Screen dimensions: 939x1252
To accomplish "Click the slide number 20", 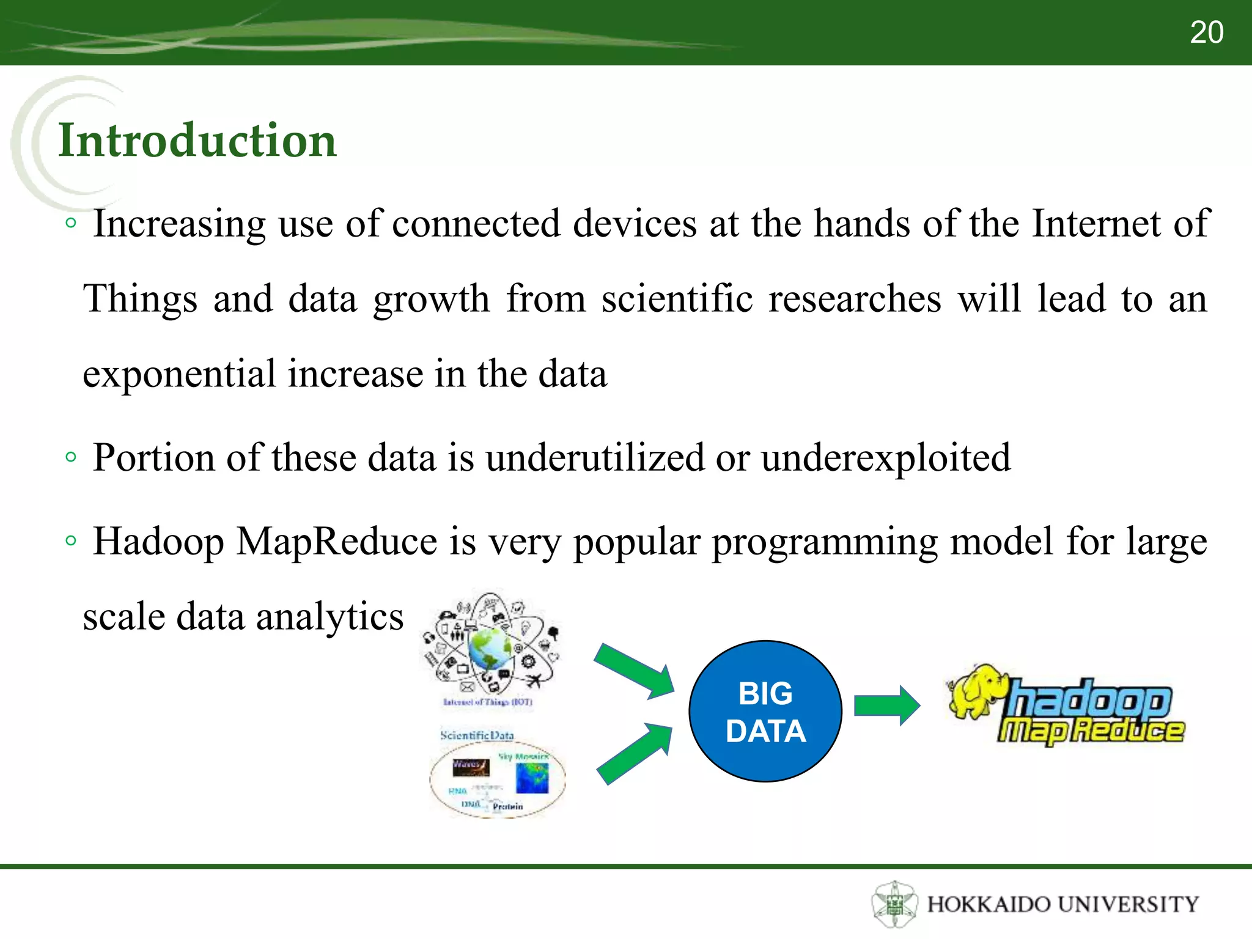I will tap(1206, 32).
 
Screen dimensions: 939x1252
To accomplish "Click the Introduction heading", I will tap(197, 141).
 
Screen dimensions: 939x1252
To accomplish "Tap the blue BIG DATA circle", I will tap(765, 712).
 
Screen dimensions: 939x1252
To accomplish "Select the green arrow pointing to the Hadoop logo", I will tap(886, 705).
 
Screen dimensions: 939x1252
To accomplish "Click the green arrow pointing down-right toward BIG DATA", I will tap(636, 671).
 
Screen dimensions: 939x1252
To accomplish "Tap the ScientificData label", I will tap(477, 735).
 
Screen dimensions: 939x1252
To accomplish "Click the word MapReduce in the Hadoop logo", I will tap(1091, 731).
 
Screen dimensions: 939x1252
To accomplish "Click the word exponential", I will tap(179, 374).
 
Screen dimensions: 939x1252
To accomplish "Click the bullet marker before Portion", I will tap(71, 457).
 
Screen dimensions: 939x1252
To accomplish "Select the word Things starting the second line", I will tap(140, 299).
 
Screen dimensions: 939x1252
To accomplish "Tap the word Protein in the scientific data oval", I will tap(507, 806).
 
